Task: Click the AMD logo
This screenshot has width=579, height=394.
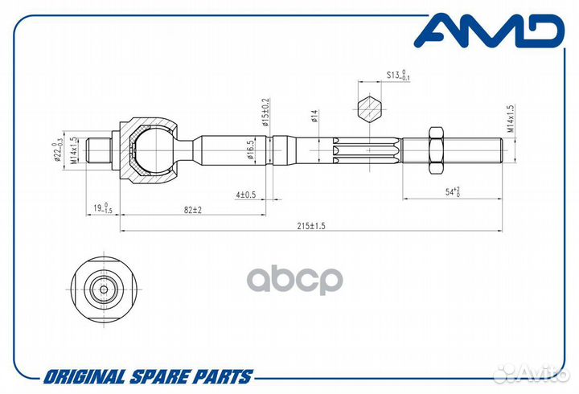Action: tap(489, 31)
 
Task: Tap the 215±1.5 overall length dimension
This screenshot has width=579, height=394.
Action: tap(311, 226)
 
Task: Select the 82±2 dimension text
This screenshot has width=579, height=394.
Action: tap(193, 210)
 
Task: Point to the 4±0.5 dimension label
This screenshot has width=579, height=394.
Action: tap(245, 195)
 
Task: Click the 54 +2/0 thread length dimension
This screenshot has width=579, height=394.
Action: tap(452, 191)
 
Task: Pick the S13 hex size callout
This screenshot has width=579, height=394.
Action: tap(398, 75)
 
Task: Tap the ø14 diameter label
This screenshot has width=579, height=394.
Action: tap(314, 116)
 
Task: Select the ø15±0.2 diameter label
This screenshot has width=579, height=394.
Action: tap(266, 113)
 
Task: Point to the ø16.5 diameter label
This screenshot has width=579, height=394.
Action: tap(251, 150)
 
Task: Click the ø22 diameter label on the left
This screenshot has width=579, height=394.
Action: tap(57, 152)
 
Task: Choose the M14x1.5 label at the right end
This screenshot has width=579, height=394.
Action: tap(510, 118)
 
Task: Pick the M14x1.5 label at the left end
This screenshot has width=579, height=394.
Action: tap(74, 150)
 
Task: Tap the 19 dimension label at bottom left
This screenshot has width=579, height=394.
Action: tap(102, 208)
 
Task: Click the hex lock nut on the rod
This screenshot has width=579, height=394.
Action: tap(436, 150)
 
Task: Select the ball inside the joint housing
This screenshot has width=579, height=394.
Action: tap(151, 150)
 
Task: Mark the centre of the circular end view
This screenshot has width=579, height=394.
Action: tap(104, 289)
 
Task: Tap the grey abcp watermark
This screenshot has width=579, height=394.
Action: tap(294, 280)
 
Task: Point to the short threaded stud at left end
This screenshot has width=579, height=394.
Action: tap(99, 150)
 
